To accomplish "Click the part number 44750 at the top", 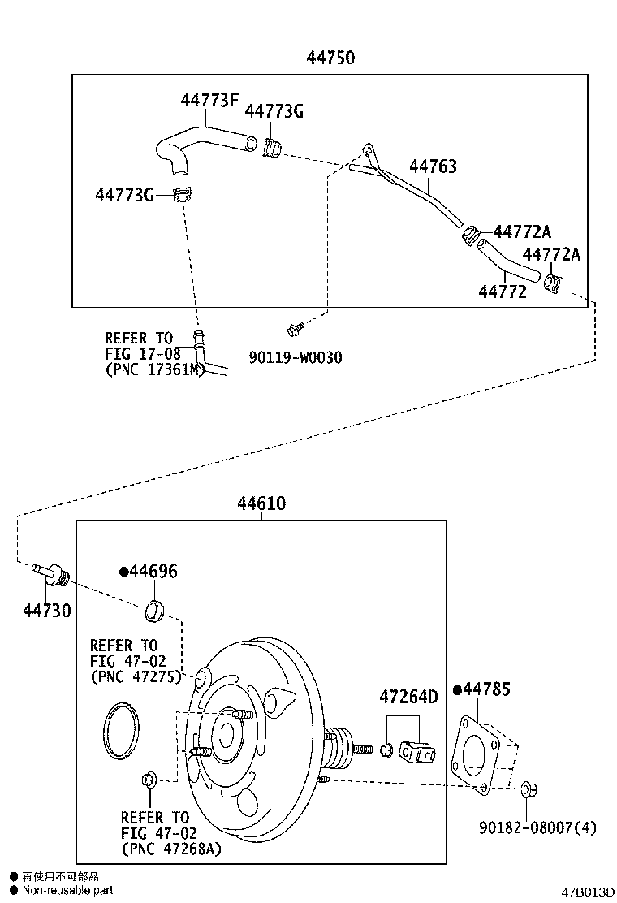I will [330, 58].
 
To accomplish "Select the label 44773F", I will [209, 101].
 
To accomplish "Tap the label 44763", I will [433, 166].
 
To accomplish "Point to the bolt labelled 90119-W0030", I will [294, 329].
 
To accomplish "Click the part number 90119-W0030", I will [296, 356].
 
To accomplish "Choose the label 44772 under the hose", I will [502, 292].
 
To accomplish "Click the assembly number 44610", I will [261, 503].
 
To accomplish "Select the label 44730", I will [46, 610].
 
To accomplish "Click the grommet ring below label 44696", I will [155, 609].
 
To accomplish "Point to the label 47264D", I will [408, 697].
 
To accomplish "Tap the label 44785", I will [486, 689].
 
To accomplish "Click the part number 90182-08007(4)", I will [537, 827].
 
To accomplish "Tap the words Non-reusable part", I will [67, 891].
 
